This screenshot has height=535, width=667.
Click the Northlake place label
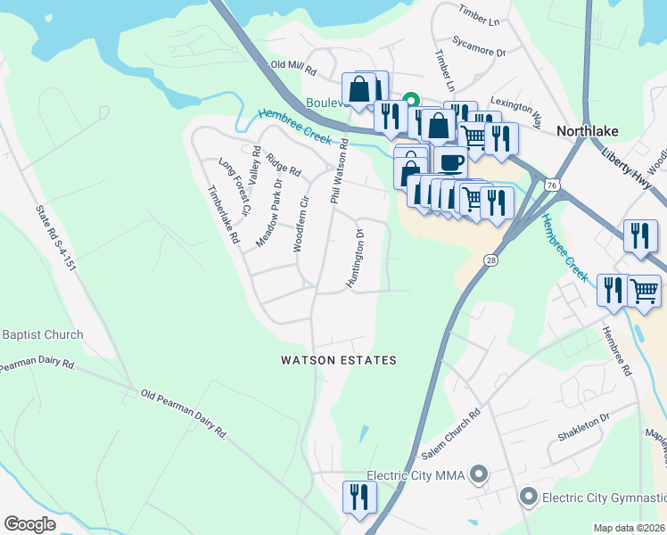(587, 130)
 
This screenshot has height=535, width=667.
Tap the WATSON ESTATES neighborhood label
(338, 360)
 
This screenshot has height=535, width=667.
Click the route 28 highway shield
(490, 259)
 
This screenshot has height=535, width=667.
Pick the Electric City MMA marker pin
(480, 475)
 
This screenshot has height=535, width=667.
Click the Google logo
(29, 524)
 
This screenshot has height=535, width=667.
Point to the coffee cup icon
(451, 163)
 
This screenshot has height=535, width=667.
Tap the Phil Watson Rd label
(338, 165)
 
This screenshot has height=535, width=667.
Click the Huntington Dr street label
(355, 259)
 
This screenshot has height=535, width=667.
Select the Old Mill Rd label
(293, 67)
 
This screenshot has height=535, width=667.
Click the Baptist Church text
(43, 335)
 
